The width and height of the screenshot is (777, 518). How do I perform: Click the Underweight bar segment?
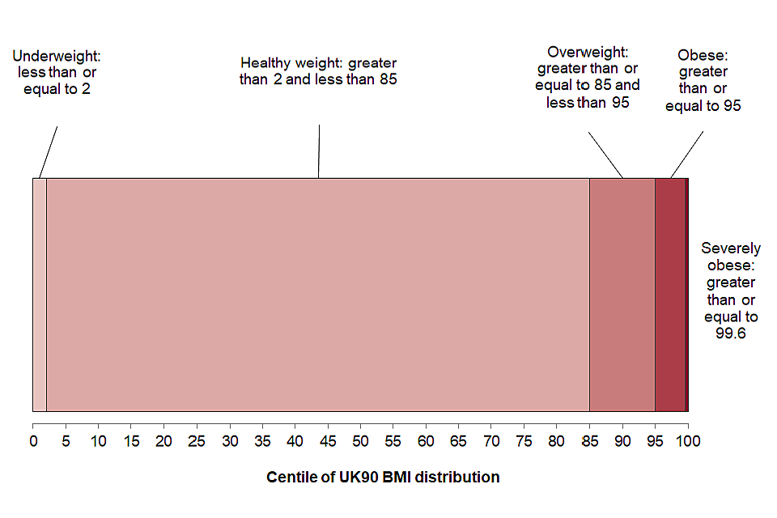39,295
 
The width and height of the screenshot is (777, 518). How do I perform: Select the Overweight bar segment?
622,295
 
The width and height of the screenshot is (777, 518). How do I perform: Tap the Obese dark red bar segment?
669,295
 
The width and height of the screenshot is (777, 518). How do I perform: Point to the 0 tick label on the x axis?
33,442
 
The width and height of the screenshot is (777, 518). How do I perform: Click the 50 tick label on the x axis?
360,442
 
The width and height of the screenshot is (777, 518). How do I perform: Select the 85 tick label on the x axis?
589,442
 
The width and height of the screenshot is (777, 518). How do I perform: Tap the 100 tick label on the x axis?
688,442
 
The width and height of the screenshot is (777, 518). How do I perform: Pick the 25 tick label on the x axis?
197,442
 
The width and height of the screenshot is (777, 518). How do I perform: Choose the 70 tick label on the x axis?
491,442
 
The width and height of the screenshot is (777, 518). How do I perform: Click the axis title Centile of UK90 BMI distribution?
383,477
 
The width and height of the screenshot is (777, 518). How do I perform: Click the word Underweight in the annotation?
55,56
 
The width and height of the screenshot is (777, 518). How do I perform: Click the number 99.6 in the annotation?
730,333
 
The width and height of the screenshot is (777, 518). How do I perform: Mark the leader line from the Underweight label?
49,151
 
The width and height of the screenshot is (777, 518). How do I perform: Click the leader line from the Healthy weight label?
319,151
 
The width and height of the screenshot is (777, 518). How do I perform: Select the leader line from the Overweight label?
605,152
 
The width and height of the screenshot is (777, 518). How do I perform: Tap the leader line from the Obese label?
686,155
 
